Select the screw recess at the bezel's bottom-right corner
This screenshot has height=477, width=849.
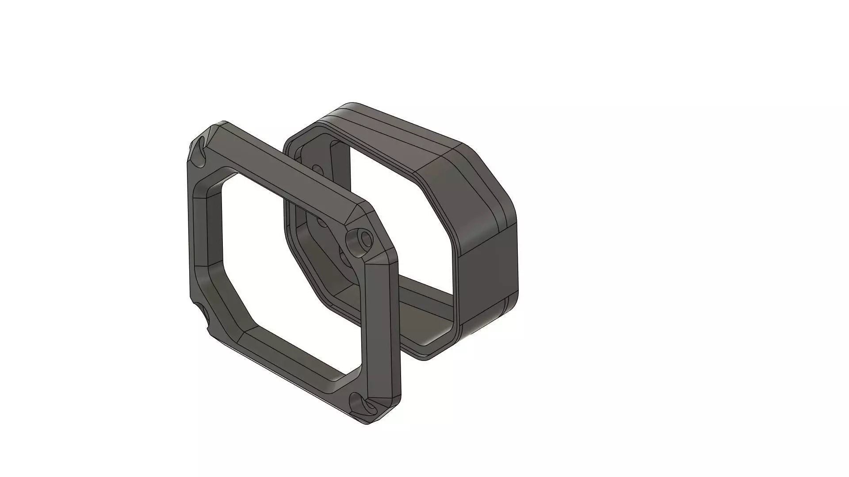362,404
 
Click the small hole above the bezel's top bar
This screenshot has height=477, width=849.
317,168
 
